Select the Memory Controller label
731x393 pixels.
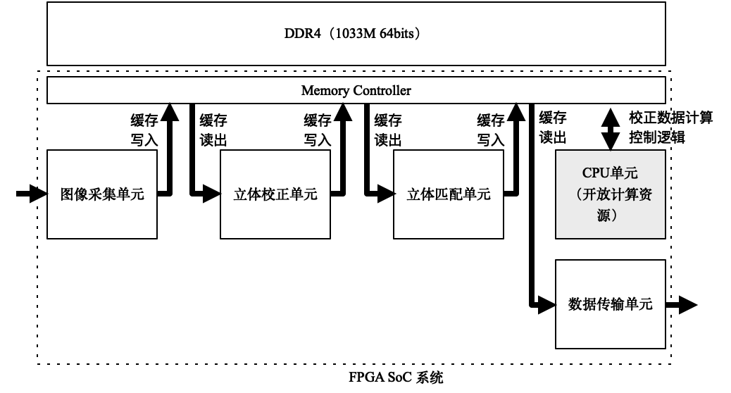(356, 90)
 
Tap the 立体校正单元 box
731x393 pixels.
(275, 194)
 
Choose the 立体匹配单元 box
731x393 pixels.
(448, 194)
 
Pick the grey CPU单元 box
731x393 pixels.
(610, 194)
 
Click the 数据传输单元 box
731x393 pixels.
(610, 304)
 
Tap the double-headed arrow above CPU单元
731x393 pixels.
(610, 127)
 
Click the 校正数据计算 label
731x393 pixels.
(670, 118)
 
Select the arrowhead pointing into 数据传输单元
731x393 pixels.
(548, 304)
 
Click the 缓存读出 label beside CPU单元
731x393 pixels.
(553, 127)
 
